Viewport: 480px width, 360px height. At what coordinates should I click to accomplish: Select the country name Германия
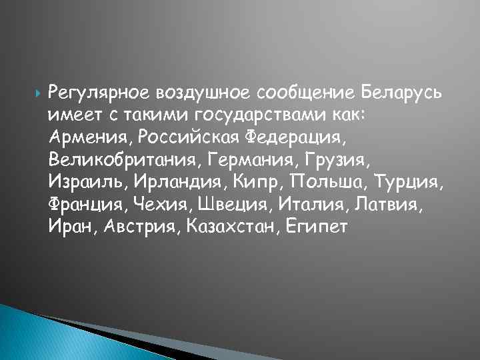(x=230, y=160)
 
